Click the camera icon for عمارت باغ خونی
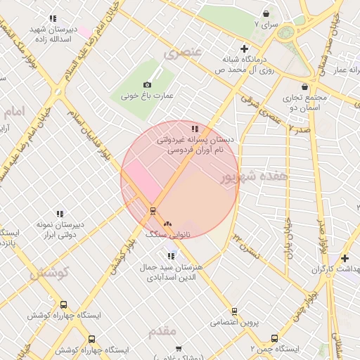click(x=147, y=84)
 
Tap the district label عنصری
click(x=182, y=51)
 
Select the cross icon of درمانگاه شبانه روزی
click(x=244, y=49)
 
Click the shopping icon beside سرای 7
click(x=266, y=13)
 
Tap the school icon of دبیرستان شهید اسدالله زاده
click(x=53, y=19)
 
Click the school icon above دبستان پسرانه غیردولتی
click(x=195, y=129)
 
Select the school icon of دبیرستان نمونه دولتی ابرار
click(x=60, y=214)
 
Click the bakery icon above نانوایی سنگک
click(x=167, y=224)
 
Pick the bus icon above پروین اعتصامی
click(x=234, y=311)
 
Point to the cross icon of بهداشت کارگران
click(x=345, y=258)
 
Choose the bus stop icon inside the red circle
click(x=152, y=210)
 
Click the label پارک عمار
click(x=348, y=70)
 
